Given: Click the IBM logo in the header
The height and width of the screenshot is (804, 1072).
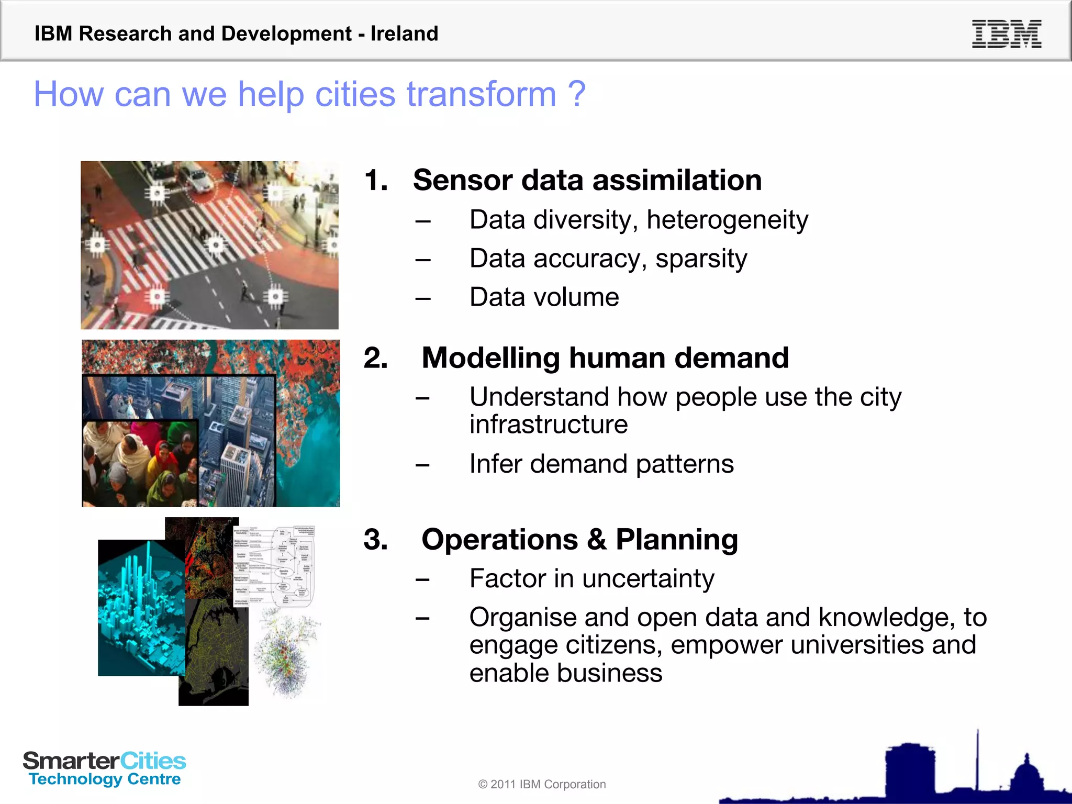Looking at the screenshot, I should tap(1006, 34).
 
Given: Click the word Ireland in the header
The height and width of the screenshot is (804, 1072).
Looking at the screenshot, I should tap(404, 34).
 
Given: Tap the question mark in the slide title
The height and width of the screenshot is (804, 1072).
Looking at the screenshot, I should tap(576, 94).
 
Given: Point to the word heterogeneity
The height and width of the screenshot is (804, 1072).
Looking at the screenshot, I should tap(727, 220).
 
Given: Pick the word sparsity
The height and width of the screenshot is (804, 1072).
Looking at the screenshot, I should tap(701, 259).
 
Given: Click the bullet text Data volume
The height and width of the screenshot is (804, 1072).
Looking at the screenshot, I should tap(544, 297).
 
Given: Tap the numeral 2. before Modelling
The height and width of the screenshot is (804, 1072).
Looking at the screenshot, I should tap(376, 358).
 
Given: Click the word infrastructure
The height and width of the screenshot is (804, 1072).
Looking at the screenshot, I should tap(548, 425).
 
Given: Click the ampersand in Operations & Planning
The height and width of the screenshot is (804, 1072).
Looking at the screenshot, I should tap(596, 540).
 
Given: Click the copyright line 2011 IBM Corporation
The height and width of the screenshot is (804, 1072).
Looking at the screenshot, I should tap(542, 784).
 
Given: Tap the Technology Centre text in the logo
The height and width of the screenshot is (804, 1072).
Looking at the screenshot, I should tap(105, 779).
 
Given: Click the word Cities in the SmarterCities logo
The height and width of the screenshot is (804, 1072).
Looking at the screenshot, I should tap(153, 761).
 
